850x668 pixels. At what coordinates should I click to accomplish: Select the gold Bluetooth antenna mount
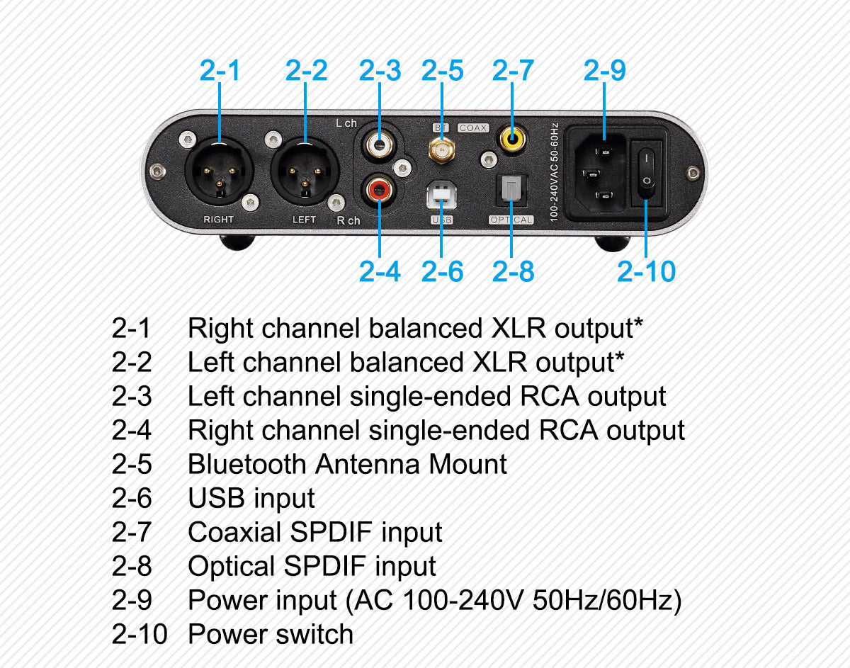point(441,149)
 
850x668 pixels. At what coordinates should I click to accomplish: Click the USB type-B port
point(441,194)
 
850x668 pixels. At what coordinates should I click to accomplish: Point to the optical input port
point(511,191)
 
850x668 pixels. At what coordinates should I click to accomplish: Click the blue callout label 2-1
point(220,71)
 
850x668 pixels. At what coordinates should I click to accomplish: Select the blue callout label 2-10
point(646,271)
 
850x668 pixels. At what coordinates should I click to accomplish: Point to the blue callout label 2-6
point(442,271)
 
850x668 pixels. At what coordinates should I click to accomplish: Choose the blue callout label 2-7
point(513,71)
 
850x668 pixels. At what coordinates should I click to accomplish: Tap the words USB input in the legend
point(251,499)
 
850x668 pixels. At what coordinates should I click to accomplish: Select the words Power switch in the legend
point(270,634)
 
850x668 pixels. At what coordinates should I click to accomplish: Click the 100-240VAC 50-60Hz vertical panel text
point(555,173)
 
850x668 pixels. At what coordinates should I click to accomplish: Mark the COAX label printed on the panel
point(472,128)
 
